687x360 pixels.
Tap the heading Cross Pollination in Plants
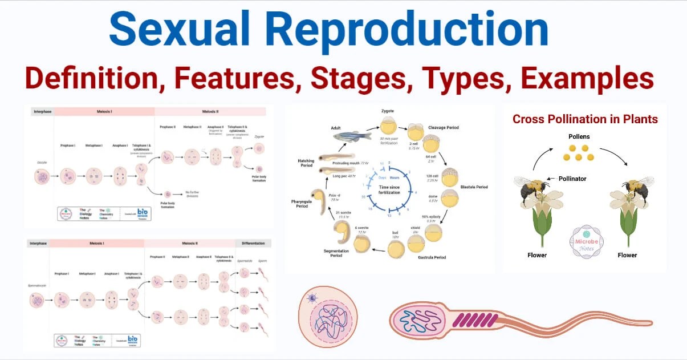[585, 119]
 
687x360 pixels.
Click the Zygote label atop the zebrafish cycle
[388, 111]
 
